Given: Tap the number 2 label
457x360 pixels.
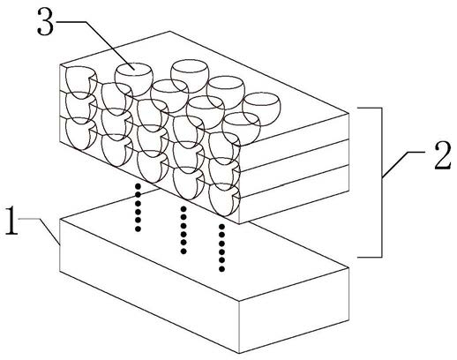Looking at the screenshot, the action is [x=443, y=155].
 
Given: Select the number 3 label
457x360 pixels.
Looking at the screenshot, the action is [x=46, y=21].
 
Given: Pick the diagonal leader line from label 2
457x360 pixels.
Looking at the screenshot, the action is [x=403, y=165].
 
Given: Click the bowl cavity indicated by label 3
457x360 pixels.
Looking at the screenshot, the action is [x=134, y=79].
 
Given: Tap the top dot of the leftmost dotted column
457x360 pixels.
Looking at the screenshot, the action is [x=138, y=186].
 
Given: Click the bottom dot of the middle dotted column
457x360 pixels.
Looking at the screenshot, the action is [x=184, y=251].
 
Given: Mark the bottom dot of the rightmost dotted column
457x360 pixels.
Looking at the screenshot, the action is [x=222, y=268].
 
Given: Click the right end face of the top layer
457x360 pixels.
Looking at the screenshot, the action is [x=294, y=141].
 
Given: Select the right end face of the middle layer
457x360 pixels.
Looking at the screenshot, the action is [x=294, y=168].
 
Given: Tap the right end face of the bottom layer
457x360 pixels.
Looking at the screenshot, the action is [x=294, y=193].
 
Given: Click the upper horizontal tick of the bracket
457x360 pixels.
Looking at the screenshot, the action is [x=370, y=108].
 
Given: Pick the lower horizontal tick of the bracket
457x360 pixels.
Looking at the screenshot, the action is [x=370, y=257].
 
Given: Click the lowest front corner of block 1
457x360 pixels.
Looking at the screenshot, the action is [x=239, y=353].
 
